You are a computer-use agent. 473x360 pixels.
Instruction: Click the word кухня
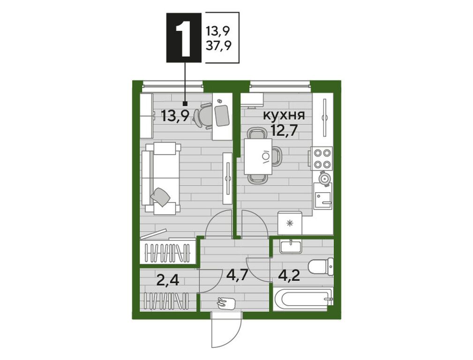click(285, 115)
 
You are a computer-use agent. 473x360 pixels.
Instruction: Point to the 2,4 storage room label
click(168, 280)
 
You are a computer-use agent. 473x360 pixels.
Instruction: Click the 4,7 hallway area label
click(236, 275)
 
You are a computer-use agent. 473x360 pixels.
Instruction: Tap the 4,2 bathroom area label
click(289, 276)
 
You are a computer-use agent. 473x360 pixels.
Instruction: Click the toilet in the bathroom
click(321, 267)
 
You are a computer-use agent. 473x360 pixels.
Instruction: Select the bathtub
click(302, 299)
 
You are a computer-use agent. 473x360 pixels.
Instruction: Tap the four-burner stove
click(322, 158)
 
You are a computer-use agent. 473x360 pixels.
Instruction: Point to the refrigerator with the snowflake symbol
click(290, 223)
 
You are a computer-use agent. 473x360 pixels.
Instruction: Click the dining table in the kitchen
click(258, 156)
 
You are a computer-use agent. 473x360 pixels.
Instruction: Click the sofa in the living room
click(161, 179)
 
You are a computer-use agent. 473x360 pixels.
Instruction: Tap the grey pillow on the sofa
click(162, 197)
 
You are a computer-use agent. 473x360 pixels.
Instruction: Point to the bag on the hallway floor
click(226, 302)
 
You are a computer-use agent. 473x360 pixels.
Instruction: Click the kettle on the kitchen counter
click(325, 177)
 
